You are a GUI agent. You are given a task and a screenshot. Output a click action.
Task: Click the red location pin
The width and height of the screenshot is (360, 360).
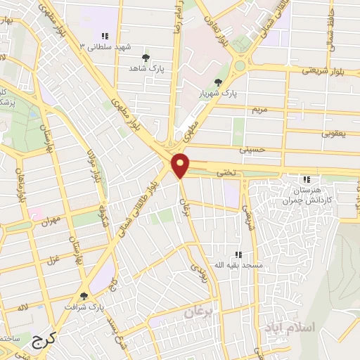point(181,165)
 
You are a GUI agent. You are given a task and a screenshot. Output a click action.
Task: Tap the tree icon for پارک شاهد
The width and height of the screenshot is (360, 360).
point(146,58)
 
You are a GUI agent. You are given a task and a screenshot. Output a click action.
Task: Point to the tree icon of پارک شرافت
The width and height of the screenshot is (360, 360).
point(85,296)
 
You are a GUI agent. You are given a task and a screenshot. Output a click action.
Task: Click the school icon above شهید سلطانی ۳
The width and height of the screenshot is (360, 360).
point(105,36)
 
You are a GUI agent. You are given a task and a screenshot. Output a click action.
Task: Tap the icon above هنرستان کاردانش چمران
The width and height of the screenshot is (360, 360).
point(305,179)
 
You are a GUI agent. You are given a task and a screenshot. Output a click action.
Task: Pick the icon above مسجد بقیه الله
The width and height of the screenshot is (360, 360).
point(238,254)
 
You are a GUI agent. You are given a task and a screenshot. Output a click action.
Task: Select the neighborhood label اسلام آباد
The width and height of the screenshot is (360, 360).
point(289,328)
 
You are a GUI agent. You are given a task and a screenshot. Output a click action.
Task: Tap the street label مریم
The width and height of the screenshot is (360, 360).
point(261,109)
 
